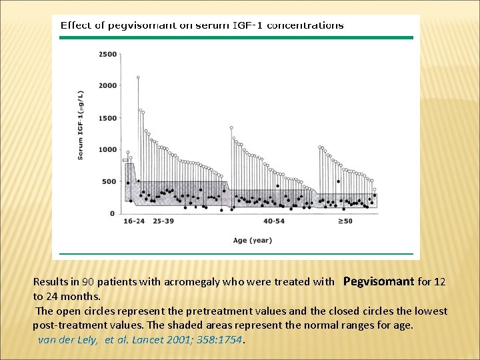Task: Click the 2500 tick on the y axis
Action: pos(107,54)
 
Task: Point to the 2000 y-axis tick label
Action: pos(107,85)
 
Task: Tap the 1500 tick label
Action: pos(107,118)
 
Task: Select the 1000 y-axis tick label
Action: pos(107,149)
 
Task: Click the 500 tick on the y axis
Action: pos(109,181)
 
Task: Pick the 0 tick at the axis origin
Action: pos(112,213)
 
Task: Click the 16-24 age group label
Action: pos(134,221)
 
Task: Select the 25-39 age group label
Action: pos(163,221)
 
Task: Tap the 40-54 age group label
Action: pos(274,221)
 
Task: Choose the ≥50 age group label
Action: pos(345,221)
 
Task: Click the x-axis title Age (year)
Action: pos(253,240)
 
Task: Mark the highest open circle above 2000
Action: pos(138,77)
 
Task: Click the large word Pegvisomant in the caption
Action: pos(378,281)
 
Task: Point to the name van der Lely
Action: pos(69,339)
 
